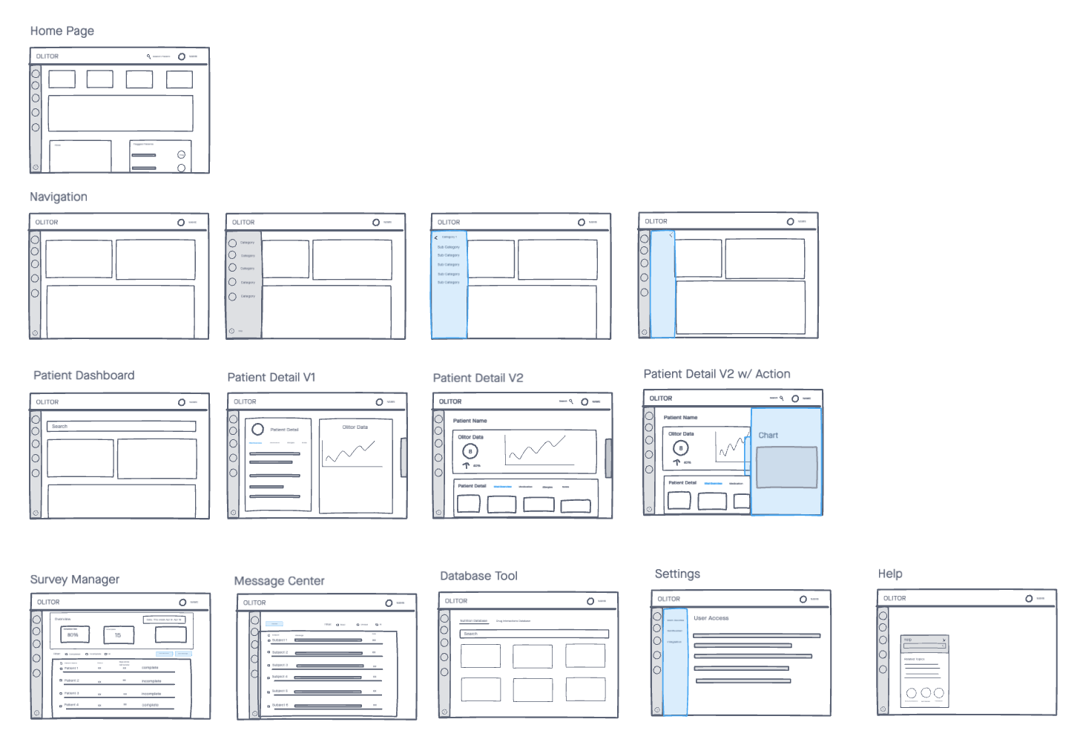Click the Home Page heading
[x=62, y=31]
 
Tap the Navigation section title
[x=59, y=197]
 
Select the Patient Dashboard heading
[x=84, y=375]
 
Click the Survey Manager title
[x=74, y=580]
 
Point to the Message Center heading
[x=279, y=581]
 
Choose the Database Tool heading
[x=478, y=576]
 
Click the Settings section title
[x=677, y=574]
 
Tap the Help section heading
[x=890, y=574]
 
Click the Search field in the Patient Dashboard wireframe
[x=122, y=427]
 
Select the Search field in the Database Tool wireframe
[x=534, y=634]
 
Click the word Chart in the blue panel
[x=768, y=436]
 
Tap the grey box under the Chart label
[x=786, y=467]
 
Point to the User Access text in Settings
[x=711, y=618]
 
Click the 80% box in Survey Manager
[x=74, y=634]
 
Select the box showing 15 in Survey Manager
[x=118, y=634]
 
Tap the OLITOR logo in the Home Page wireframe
[x=47, y=56]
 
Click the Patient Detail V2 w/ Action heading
[x=717, y=374]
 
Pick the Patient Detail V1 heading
[x=271, y=377]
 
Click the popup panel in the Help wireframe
[x=924, y=671]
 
